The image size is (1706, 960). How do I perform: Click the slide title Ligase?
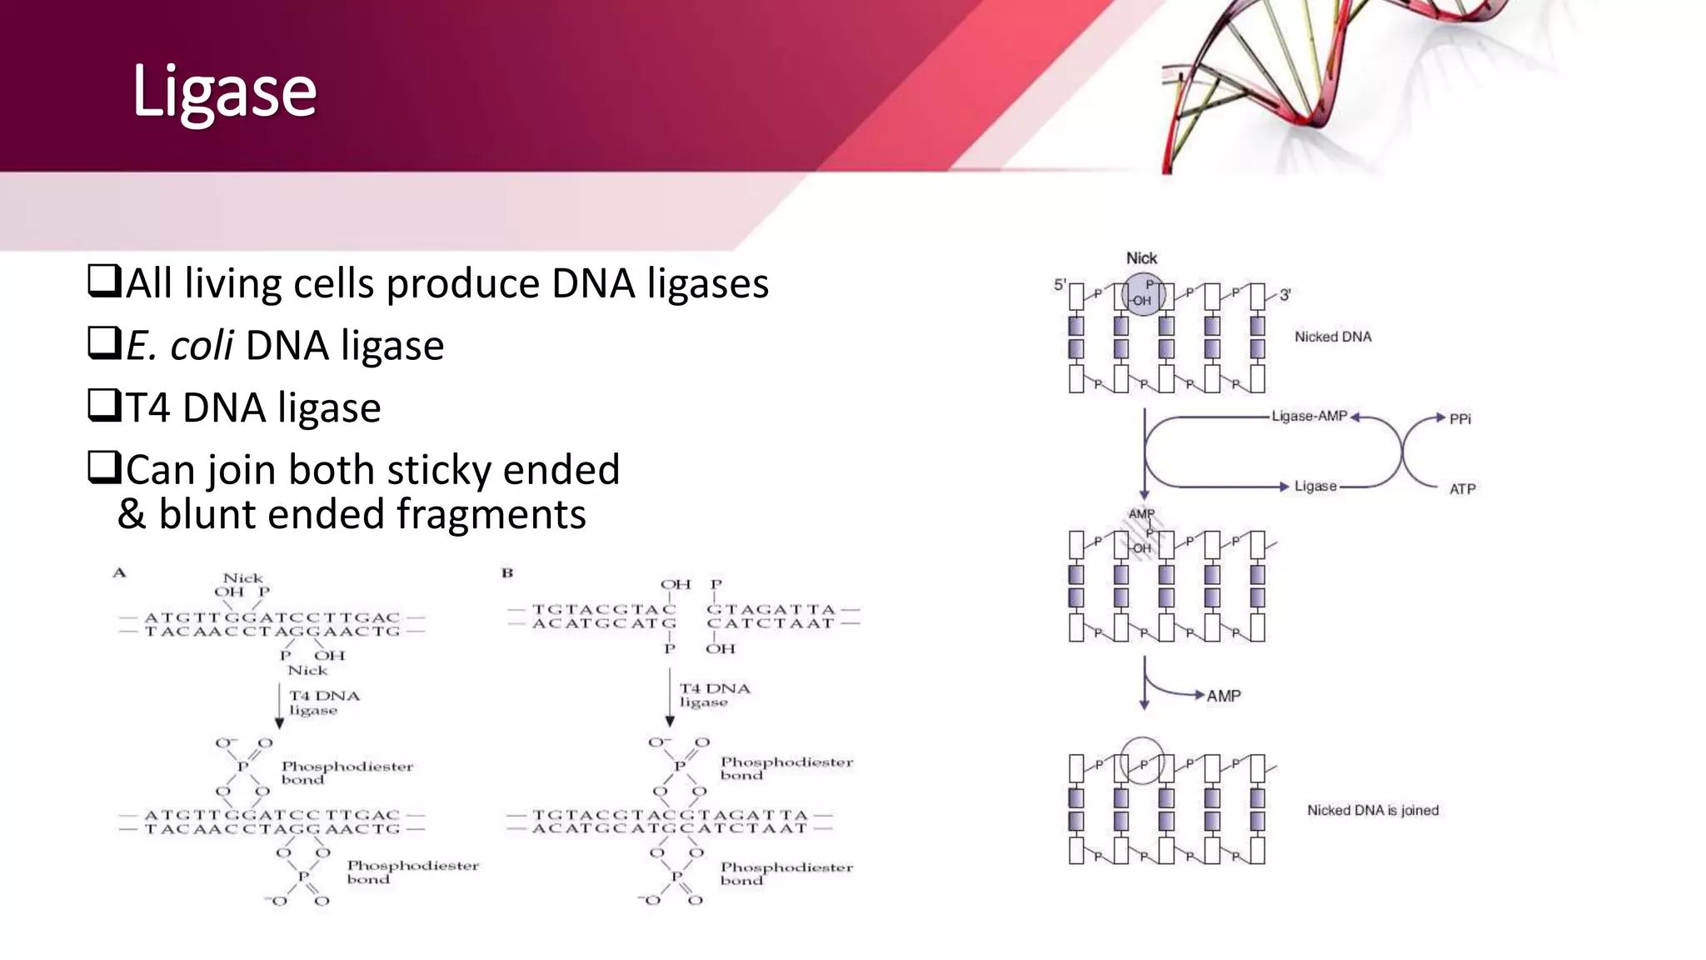pyautogui.click(x=224, y=92)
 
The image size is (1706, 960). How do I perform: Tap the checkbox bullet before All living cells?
pyautogui.click(x=104, y=281)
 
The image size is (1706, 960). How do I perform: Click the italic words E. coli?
pyautogui.click(x=179, y=345)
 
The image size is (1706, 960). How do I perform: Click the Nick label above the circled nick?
pyautogui.click(x=1141, y=258)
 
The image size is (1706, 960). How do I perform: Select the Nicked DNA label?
pyautogui.click(x=1332, y=337)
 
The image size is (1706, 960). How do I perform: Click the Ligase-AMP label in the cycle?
pyautogui.click(x=1309, y=416)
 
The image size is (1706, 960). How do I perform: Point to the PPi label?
pyautogui.click(x=1459, y=419)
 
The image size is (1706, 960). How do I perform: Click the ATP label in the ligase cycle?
pyautogui.click(x=1462, y=489)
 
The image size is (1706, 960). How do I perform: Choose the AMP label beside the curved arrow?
pyautogui.click(x=1223, y=696)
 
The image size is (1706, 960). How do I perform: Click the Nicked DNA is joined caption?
pyautogui.click(x=1372, y=810)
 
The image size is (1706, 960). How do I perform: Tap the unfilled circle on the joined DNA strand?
pyautogui.click(x=1141, y=760)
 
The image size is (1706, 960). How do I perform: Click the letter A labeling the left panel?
pyautogui.click(x=119, y=572)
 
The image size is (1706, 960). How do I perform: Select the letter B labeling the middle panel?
pyautogui.click(x=506, y=572)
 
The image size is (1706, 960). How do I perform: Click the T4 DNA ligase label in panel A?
pyautogui.click(x=323, y=702)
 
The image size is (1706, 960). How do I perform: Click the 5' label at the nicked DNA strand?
pyautogui.click(x=1060, y=285)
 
